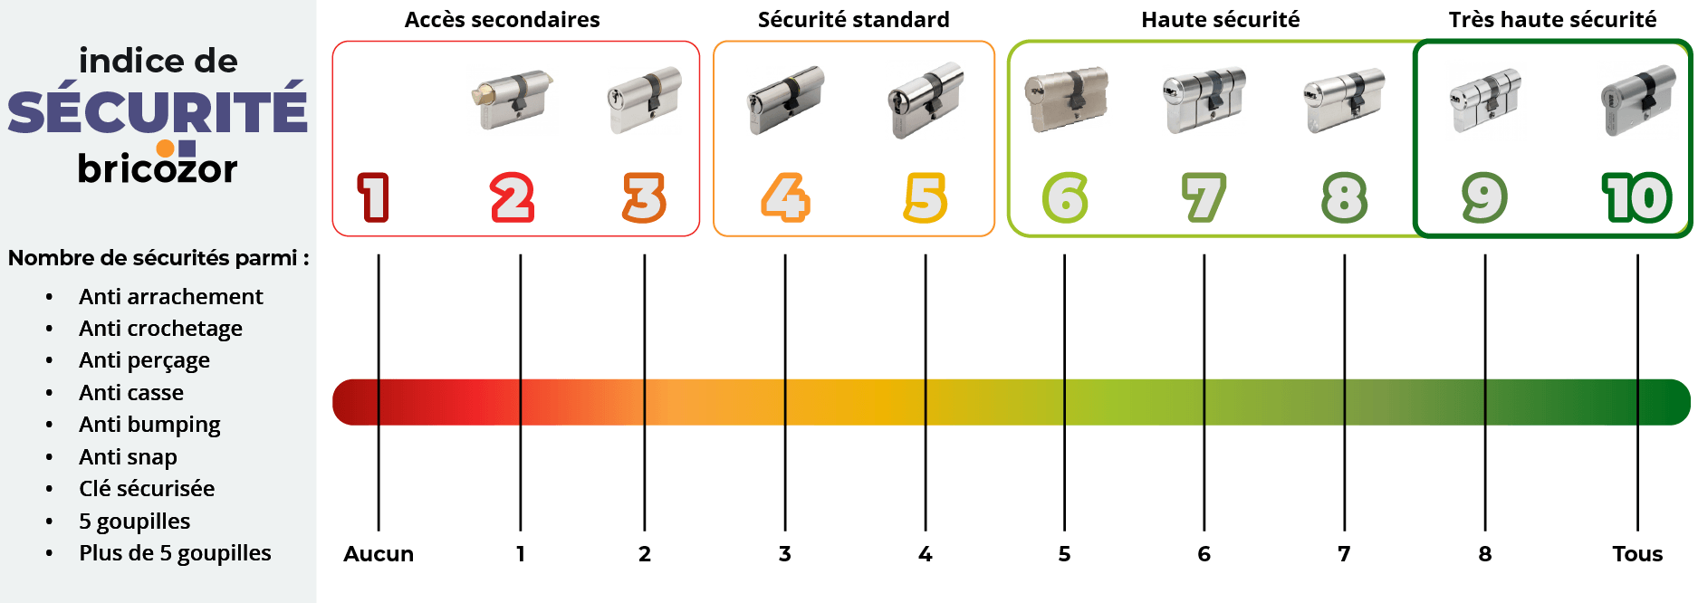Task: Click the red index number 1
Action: pos(373,197)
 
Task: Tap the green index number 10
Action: pos(1637,197)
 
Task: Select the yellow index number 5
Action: pos(926,197)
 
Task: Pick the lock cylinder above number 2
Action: pos(512,100)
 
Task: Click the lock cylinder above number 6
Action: pos(1067,100)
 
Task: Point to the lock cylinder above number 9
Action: pos(1485,100)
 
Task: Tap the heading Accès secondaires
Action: pos(502,20)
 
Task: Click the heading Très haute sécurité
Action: pos(1552,20)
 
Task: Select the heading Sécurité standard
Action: pos(853,20)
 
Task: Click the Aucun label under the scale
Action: pos(379,554)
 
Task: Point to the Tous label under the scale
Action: pos(1637,554)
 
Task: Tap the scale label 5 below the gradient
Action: pos(1064,554)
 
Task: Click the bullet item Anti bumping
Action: pos(149,426)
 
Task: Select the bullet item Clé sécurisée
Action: pos(147,489)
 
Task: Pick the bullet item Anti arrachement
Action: pos(171,297)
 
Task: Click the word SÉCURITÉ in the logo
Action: pos(158,110)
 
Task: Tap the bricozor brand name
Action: pos(158,167)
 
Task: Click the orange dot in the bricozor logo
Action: pos(165,148)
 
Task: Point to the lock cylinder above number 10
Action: pos(1638,100)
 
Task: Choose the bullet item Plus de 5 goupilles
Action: pos(175,553)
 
